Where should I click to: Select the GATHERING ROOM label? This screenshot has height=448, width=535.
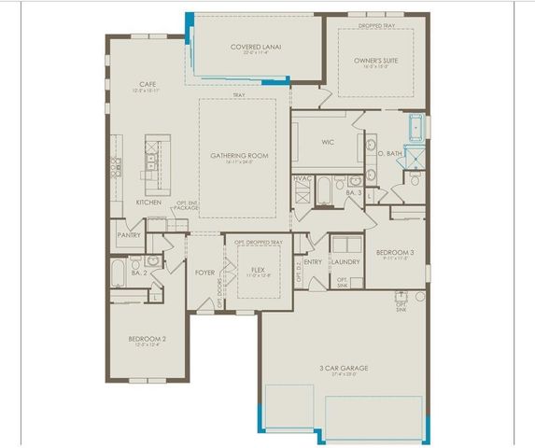click(x=239, y=155)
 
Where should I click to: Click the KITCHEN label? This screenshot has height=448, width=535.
click(x=149, y=203)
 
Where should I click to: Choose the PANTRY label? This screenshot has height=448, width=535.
click(x=128, y=236)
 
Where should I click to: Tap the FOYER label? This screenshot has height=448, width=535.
click(x=204, y=273)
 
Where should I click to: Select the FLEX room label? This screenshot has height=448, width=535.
click(x=258, y=270)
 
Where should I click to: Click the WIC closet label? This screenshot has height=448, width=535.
click(x=327, y=143)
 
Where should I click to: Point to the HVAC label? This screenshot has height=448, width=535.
click(x=303, y=177)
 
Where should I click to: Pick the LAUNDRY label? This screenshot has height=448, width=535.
click(x=345, y=262)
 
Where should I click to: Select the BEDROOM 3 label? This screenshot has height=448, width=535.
click(x=397, y=253)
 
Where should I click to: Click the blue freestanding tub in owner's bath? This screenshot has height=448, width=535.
click(x=416, y=126)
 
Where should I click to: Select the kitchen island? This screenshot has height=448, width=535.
click(x=151, y=158)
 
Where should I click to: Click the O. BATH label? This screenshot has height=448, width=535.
click(x=390, y=151)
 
